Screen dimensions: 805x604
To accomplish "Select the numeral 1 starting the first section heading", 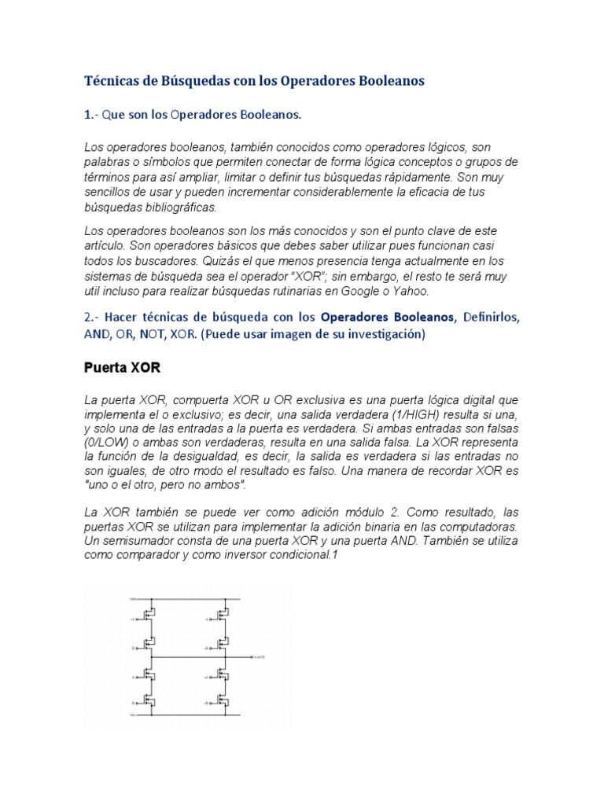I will tap(87, 115).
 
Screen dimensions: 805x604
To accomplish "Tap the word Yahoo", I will tap(412, 290).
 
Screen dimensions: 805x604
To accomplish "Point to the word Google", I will tap(362, 290).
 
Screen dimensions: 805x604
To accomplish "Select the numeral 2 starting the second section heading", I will tap(87, 317).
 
